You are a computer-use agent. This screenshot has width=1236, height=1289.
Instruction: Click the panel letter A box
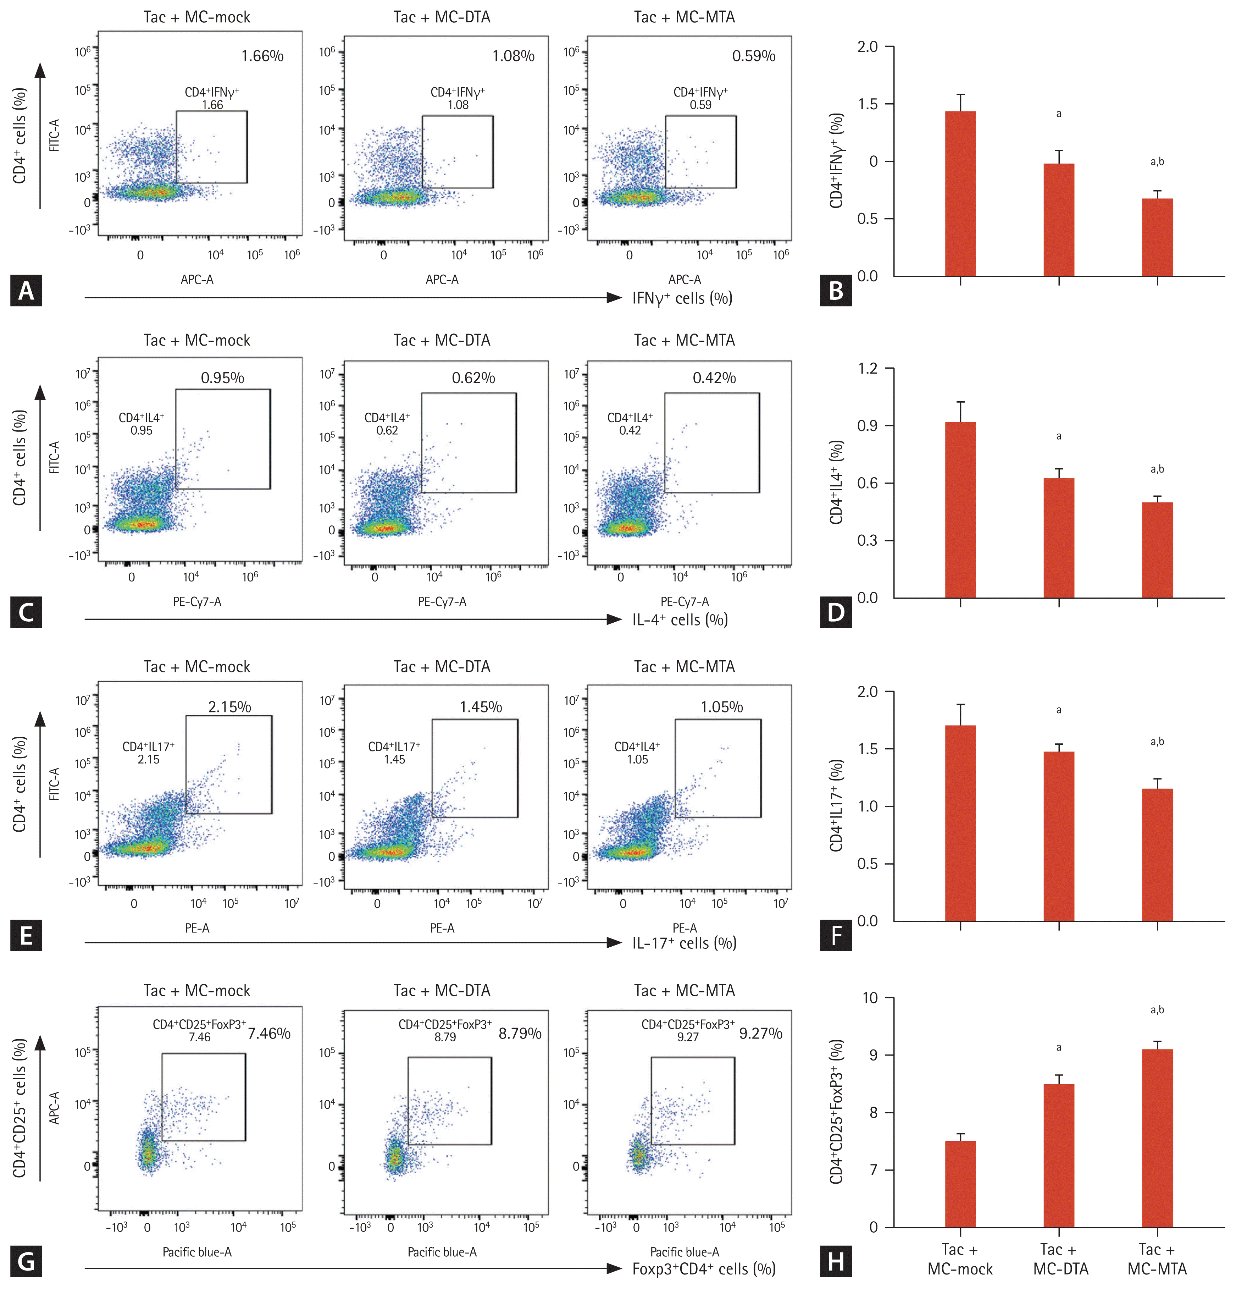point(26,290)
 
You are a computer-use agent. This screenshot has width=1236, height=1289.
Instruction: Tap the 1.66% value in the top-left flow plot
point(262,56)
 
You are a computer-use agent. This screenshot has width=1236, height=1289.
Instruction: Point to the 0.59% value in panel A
point(753,56)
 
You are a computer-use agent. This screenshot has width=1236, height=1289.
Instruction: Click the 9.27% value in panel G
point(761,1033)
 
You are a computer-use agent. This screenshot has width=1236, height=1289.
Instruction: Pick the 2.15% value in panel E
point(229,707)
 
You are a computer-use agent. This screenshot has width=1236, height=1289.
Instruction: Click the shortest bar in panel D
point(1157,550)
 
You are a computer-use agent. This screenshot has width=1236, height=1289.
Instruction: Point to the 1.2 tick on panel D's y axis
point(868,368)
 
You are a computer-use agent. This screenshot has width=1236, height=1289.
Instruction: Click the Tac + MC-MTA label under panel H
point(1157,1259)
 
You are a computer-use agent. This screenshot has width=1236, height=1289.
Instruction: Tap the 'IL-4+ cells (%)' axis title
point(680,619)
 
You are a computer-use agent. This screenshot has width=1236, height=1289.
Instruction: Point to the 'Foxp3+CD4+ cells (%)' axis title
point(703,1269)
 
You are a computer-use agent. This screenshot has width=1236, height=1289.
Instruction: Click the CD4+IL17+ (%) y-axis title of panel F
point(836,806)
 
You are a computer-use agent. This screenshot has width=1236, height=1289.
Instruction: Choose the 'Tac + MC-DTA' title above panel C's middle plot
point(442,341)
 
